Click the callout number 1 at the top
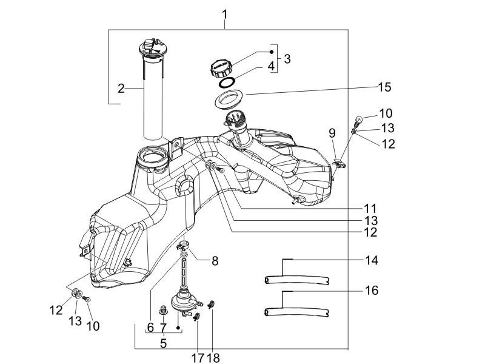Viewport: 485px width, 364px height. tap(225, 13)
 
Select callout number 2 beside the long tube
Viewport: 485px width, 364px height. tap(121, 89)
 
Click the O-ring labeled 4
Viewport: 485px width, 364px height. tap(227, 82)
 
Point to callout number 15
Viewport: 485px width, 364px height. tap(384, 87)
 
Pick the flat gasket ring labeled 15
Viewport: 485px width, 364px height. tap(232, 97)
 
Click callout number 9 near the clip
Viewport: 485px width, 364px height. tap(332, 133)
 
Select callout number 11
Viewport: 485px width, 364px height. tap(369, 207)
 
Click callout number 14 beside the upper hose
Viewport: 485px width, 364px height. tap(372, 260)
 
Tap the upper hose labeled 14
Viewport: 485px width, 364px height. tap(297, 280)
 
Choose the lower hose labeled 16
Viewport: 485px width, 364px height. tap(297, 312)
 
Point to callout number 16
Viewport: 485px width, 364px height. tap(372, 291)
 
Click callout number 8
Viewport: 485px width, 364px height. tap(215, 261)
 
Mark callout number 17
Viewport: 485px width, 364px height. tap(198, 358)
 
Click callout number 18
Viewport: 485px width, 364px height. tap(213, 358)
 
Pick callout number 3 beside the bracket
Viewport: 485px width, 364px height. tap(287, 59)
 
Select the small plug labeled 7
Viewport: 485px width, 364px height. tap(162, 312)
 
